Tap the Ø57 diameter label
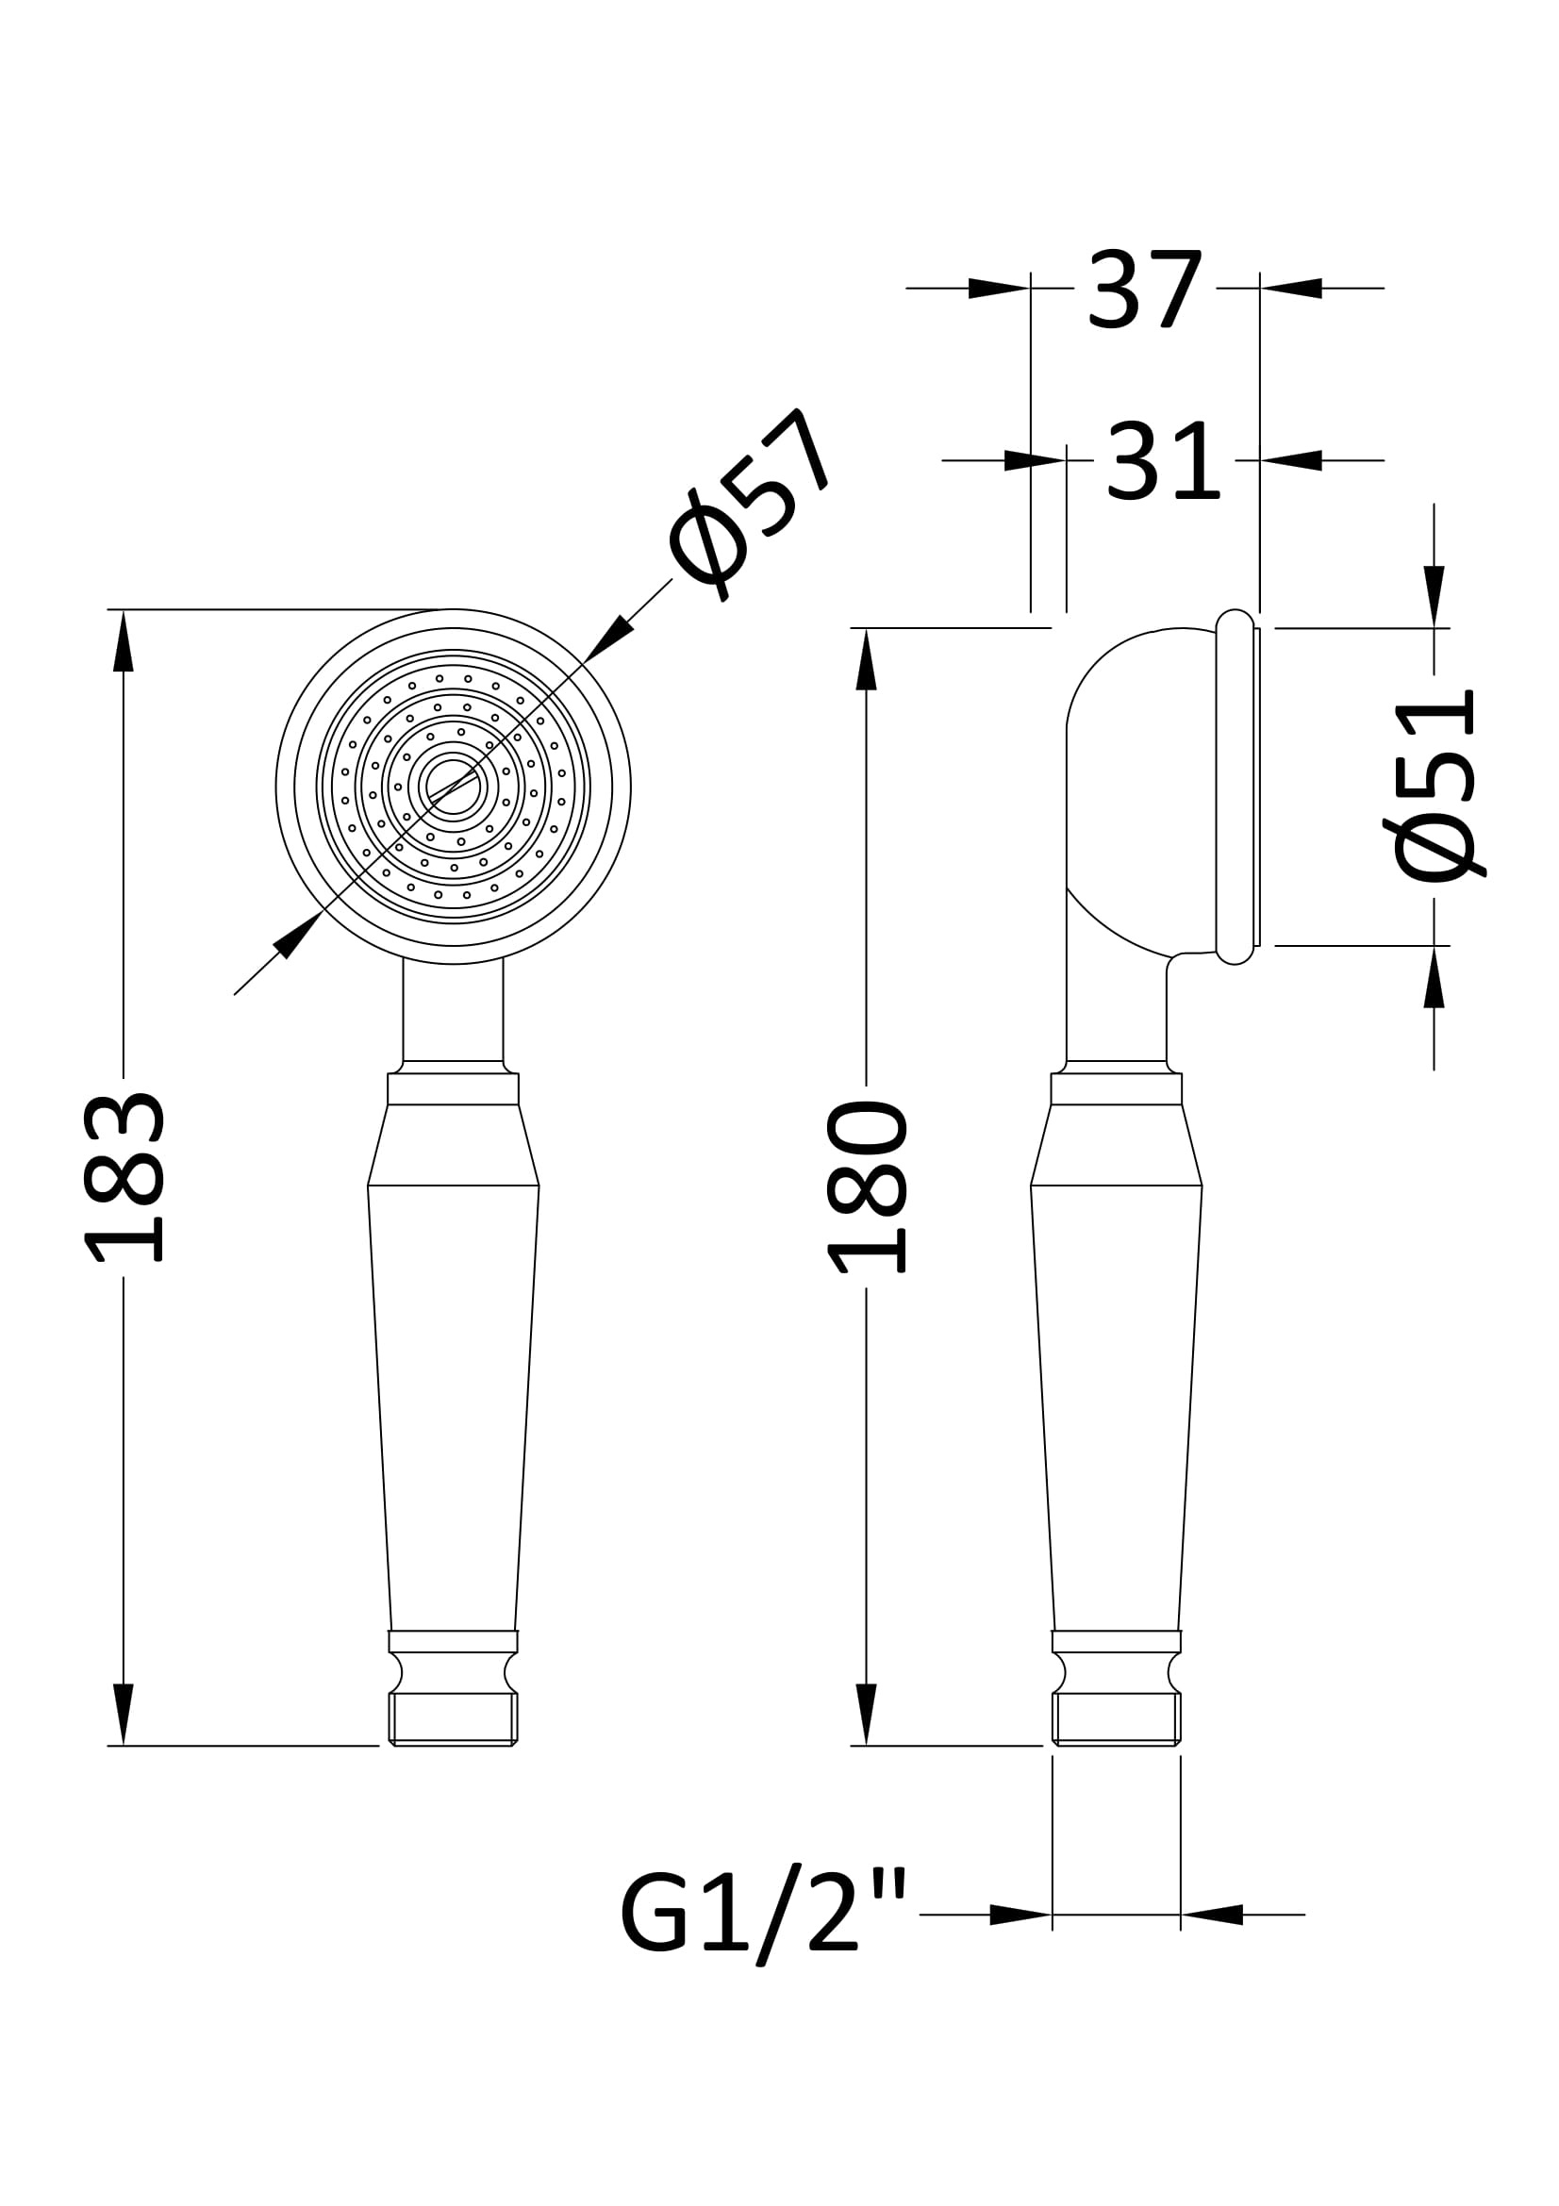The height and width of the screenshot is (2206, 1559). pos(750,504)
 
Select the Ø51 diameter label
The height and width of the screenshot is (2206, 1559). pos(1435,785)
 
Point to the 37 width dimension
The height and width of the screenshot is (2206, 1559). pos(1144,290)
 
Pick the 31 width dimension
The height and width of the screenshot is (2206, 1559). pos(1162,461)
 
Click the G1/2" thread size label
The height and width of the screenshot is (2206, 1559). pos(764,1915)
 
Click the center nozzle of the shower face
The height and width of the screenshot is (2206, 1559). pos(453,786)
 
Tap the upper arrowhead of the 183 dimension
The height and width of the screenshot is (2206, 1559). pos(123,640)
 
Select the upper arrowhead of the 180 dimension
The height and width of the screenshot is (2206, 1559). pos(867,659)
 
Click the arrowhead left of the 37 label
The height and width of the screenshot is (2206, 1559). pos(999,289)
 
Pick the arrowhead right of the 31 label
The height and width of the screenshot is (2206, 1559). pos(1291,460)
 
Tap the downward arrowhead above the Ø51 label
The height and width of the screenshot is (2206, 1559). pos(1435,596)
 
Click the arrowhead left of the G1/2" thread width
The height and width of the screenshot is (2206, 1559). pos(1020,1915)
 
